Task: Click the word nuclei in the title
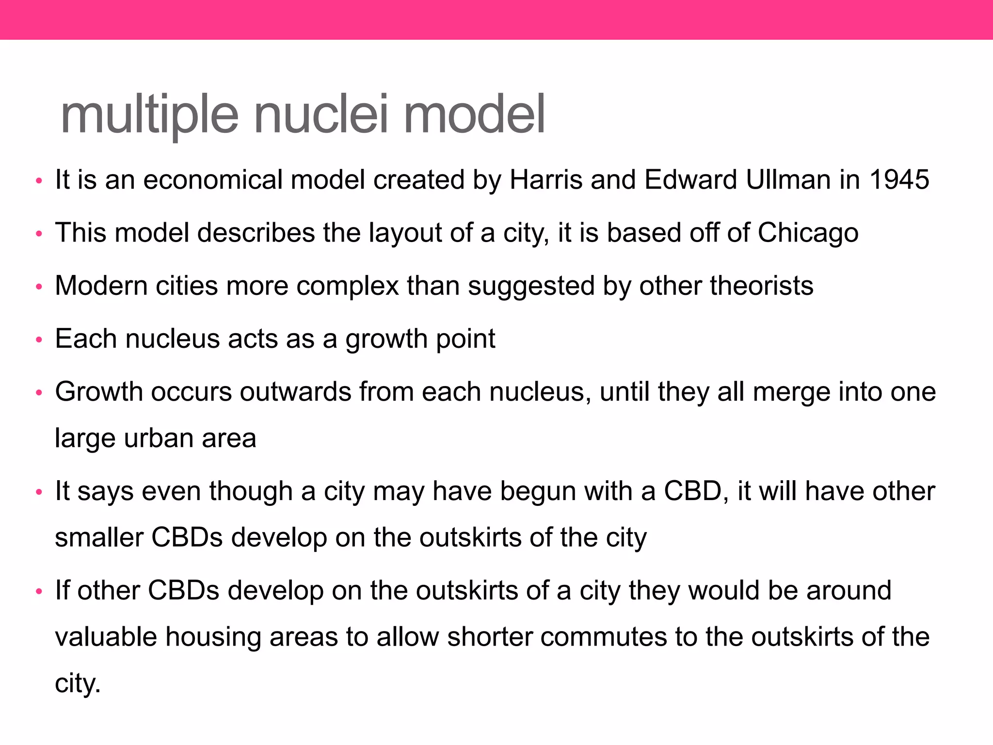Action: [x=321, y=115]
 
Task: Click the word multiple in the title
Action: [x=149, y=115]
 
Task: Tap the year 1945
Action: [x=899, y=179]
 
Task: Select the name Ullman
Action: [x=789, y=179]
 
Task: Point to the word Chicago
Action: [x=808, y=233]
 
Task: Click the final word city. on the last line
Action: [x=78, y=683]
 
